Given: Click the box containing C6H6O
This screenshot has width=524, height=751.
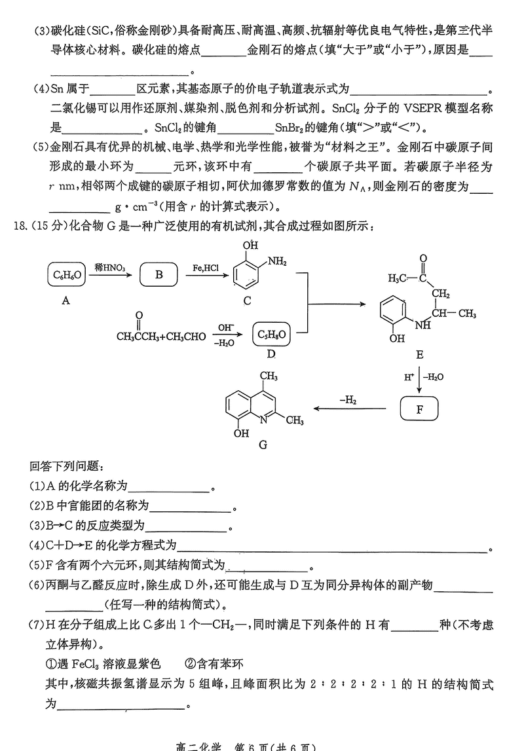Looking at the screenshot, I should point(66,275).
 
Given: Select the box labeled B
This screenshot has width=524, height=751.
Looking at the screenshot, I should point(159,275).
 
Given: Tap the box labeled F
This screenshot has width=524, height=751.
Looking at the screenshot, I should point(420,410).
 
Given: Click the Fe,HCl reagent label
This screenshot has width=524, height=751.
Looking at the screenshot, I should point(206,267).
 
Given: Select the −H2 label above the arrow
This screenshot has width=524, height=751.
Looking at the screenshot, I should point(347,399).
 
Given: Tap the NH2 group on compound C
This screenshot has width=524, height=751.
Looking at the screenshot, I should point(278,262).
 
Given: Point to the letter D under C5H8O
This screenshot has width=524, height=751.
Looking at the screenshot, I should point(271,355).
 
